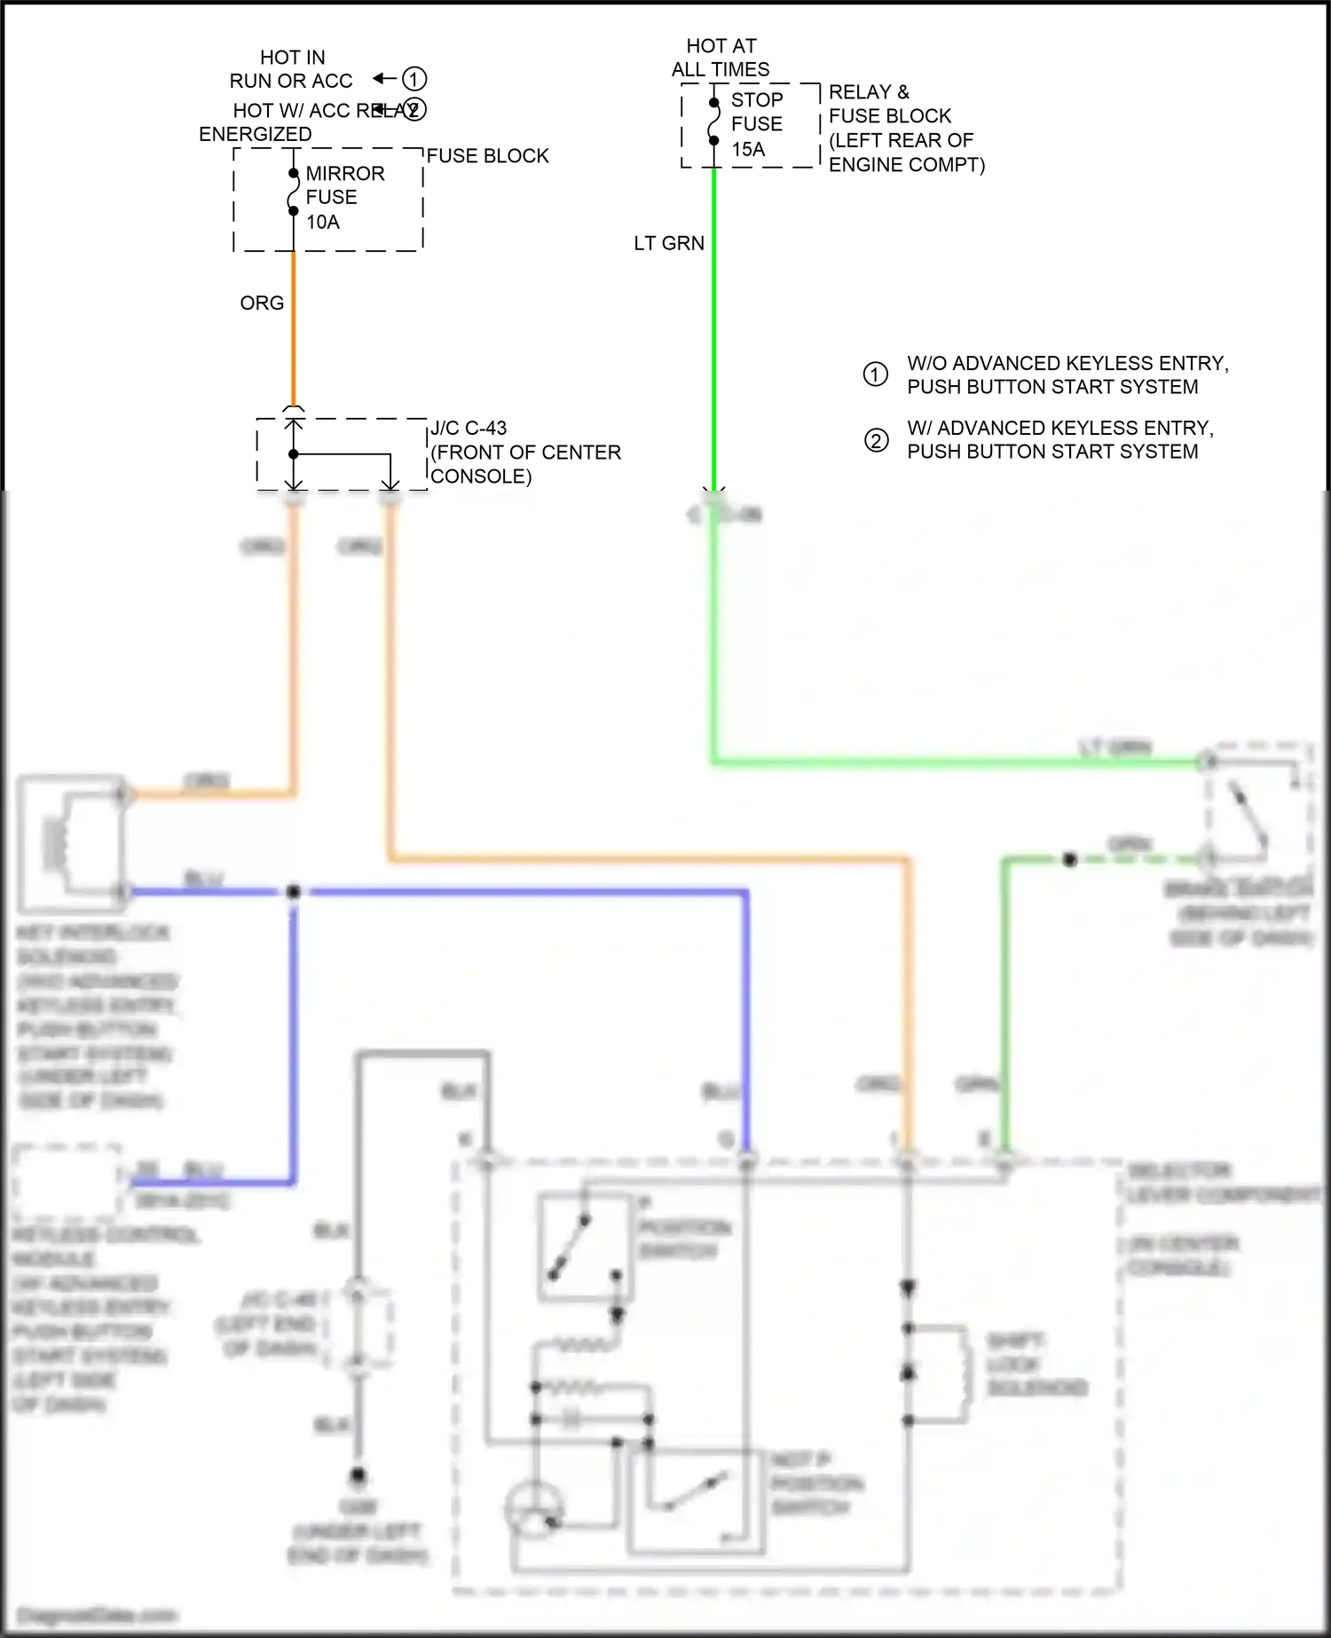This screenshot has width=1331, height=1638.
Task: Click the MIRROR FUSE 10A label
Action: pos(344,197)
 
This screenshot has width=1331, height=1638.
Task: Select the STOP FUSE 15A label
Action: pos(756,124)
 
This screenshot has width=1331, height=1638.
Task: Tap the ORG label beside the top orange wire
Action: pos(262,303)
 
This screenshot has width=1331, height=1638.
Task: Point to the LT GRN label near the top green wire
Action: pos(669,243)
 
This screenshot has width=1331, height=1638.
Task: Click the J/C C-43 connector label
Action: pos(525,452)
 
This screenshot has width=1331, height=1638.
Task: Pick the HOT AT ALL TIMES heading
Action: pos(721,58)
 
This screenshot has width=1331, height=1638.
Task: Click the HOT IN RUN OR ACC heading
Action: pos(291,69)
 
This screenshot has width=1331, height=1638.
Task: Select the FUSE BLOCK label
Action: pos(487,156)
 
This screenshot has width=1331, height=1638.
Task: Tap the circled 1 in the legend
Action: pos(875,374)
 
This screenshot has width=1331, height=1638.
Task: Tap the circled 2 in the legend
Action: pos(876,440)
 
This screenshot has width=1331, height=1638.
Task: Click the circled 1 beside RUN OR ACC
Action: pos(414,79)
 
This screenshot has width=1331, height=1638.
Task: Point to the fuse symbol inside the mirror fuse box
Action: pos(293,193)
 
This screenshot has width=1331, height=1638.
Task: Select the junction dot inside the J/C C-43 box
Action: pos(294,454)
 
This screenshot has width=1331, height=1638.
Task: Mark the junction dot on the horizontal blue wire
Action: pos(294,891)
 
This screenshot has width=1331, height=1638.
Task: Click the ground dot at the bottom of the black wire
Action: pos(358,1477)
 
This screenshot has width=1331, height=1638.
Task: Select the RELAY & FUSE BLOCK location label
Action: pos(905,129)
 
